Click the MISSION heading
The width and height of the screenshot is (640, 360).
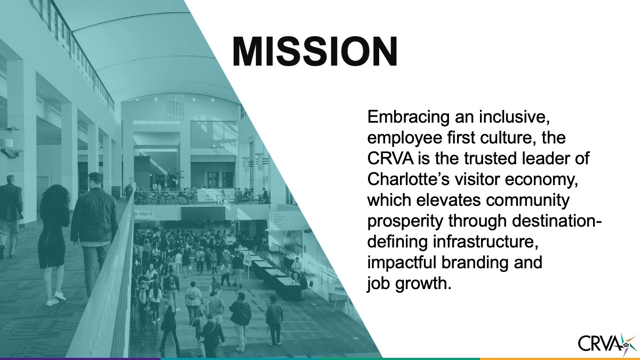315,52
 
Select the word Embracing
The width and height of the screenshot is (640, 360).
409,117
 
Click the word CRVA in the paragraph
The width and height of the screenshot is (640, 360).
390,158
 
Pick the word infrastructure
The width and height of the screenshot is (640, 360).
483,242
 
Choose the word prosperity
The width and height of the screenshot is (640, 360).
405,221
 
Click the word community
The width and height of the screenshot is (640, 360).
527,201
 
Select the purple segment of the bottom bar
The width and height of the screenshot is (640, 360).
80,359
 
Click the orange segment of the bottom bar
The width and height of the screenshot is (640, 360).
559,359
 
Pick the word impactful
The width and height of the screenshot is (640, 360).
402,263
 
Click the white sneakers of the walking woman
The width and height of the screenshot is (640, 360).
55,298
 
